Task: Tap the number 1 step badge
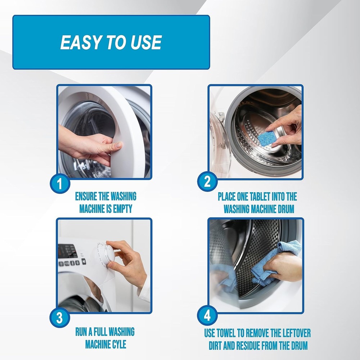pyautogui.click(x=60, y=184)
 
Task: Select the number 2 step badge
pyautogui.click(x=207, y=181)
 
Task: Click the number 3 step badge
pyautogui.click(x=59, y=318)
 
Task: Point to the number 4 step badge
pyautogui.click(x=207, y=315)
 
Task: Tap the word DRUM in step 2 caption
pyautogui.click(x=285, y=209)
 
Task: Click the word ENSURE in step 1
pyautogui.click(x=86, y=196)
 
